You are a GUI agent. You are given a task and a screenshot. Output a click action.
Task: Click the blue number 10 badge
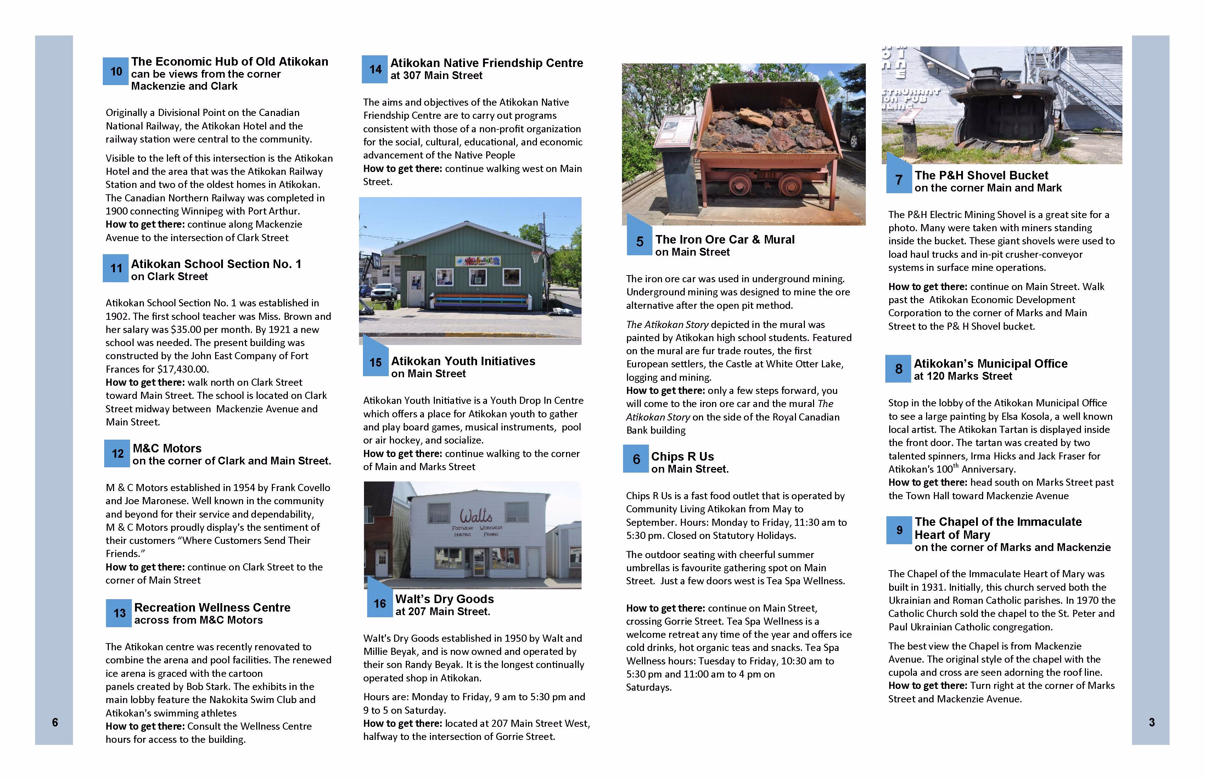[x=116, y=71]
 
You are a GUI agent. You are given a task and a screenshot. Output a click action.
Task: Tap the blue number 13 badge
[x=119, y=613]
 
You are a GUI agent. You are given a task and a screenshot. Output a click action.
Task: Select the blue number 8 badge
[x=898, y=369]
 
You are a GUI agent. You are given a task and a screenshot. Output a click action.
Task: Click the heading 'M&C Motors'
[x=167, y=448]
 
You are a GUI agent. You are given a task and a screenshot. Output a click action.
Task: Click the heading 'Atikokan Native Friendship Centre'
[x=486, y=63]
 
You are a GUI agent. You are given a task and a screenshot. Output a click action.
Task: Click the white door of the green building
[x=416, y=288]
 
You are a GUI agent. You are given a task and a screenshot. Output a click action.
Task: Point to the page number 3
[x=1151, y=722]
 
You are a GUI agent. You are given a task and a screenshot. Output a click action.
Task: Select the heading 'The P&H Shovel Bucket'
[x=981, y=175]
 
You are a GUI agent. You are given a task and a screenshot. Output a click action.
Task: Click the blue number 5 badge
[x=639, y=241]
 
